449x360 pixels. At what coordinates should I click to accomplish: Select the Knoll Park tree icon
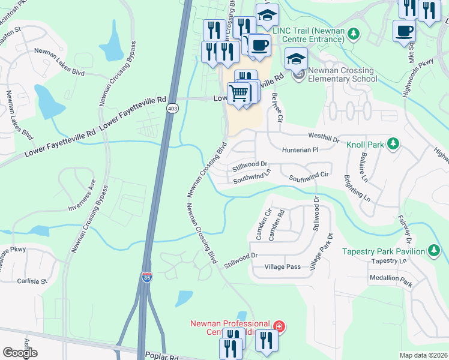[393, 143]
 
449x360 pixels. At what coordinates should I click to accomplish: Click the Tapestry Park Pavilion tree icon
[435, 251]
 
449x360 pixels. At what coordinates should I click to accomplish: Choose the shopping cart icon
[239, 93]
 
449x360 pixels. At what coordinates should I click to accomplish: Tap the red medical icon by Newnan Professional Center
[279, 327]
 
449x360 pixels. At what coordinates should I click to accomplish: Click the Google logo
[20, 353]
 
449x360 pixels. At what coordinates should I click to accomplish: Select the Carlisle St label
[32, 281]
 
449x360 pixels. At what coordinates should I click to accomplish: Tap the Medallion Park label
[390, 280]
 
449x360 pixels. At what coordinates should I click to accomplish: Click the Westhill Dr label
[324, 137]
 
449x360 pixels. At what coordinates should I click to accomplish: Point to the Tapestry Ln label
[389, 261]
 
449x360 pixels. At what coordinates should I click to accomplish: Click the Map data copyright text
[423, 355]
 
